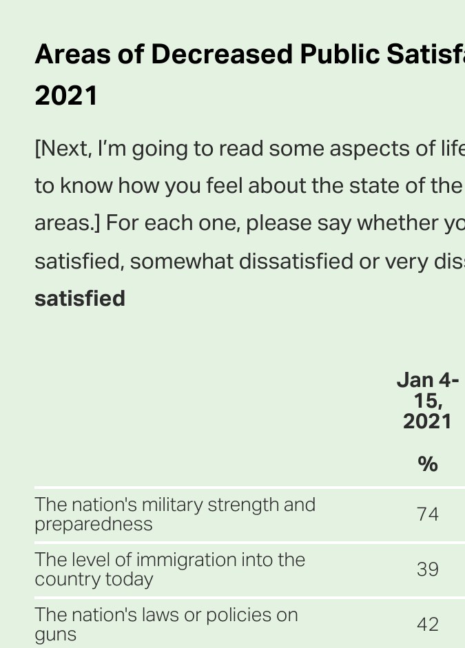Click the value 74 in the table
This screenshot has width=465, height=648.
click(x=428, y=514)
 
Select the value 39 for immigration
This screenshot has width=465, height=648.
click(x=428, y=569)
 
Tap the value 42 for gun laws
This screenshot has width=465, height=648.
click(x=428, y=625)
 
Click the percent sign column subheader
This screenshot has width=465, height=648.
click(x=428, y=465)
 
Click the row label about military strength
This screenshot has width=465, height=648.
click(x=175, y=514)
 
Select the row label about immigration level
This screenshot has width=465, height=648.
click(x=169, y=569)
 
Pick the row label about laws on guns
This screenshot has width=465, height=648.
click(x=166, y=624)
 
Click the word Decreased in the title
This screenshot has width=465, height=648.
click(x=222, y=54)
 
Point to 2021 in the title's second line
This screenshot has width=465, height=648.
click(x=66, y=96)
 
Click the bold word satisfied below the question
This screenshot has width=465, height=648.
click(x=80, y=299)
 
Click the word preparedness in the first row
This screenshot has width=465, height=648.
click(x=94, y=524)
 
